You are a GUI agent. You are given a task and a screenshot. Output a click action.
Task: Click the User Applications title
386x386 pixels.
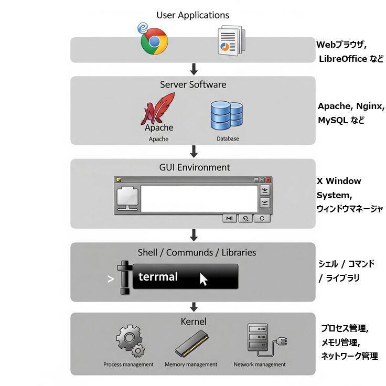pos(192,15)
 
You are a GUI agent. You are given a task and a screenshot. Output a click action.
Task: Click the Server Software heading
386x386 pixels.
pos(193,84)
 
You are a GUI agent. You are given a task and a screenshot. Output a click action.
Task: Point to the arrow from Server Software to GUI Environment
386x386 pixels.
pos(194,151)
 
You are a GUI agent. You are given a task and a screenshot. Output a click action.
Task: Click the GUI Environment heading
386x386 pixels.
pos(195,168)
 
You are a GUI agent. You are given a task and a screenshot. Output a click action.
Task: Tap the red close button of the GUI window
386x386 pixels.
pos(269,179)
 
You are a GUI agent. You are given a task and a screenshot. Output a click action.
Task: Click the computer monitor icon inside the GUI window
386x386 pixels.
pos(127,198)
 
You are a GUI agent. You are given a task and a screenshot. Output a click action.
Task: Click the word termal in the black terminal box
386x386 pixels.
pos(158,276)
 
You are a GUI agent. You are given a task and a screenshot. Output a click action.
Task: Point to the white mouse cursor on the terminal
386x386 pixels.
pos(203,279)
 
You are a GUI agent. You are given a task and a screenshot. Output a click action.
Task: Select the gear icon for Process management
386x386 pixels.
pos(129,341)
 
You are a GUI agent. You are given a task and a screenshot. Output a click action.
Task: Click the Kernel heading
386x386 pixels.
pos(193,321)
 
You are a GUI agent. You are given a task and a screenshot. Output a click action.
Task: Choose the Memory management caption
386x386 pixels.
pos(191,364)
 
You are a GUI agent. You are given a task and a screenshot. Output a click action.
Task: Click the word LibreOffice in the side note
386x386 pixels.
pos(342,59)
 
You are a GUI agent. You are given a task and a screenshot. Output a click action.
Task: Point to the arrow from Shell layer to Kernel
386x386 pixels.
pos(194,307)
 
